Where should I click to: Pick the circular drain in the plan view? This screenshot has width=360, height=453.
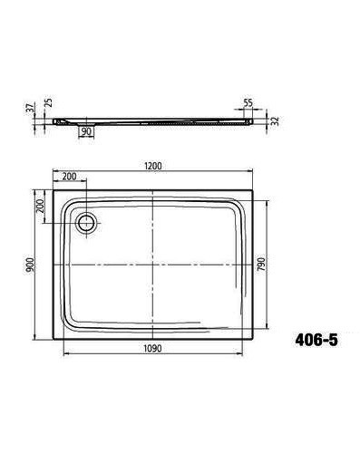click(x=88, y=222)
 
